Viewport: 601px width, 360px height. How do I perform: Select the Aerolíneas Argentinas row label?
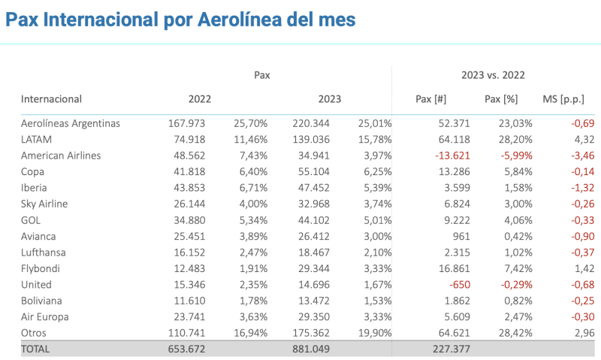(71, 123)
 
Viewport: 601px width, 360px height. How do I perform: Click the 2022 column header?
(200, 99)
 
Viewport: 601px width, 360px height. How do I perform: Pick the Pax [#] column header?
(431, 99)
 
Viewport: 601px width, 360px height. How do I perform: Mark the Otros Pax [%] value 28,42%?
(502, 332)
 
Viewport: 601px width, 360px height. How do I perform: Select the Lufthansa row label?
(43, 253)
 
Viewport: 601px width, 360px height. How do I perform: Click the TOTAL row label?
(37, 348)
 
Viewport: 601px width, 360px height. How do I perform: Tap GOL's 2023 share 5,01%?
(376, 220)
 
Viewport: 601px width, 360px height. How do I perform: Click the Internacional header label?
(51, 99)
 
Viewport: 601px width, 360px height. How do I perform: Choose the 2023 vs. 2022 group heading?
(493, 75)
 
